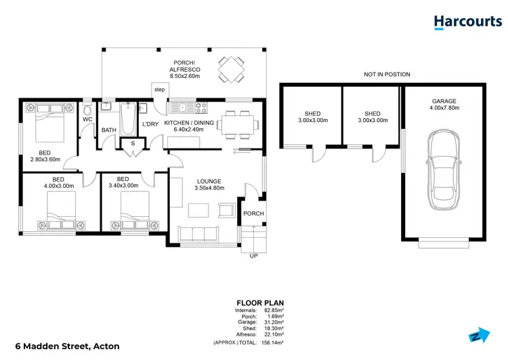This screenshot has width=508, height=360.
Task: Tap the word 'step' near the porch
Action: (x=159, y=89)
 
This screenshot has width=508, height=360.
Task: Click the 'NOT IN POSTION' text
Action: (x=387, y=75)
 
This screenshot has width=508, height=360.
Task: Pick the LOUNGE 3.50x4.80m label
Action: (x=210, y=184)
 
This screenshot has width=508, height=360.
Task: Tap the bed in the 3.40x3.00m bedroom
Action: (x=132, y=209)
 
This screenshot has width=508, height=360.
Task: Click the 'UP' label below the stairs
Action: (x=253, y=256)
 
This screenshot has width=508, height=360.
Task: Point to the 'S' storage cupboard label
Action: (x=133, y=144)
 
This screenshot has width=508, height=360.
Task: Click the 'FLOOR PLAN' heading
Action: (x=259, y=302)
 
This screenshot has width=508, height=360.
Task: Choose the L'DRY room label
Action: (x=150, y=123)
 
